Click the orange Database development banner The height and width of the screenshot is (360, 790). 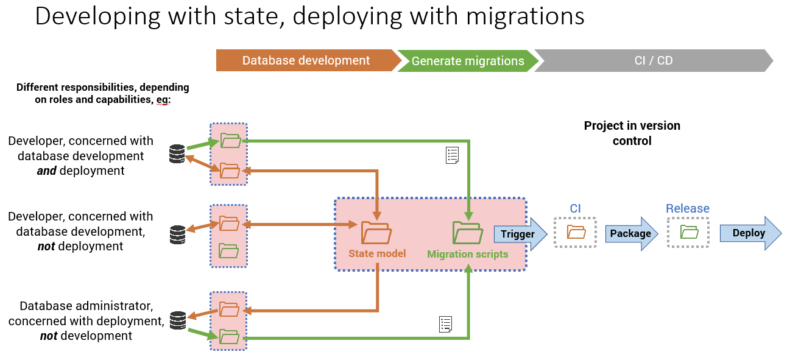tap(306, 61)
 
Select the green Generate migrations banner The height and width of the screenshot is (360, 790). tap(467, 61)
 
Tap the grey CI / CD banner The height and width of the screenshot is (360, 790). tap(652, 61)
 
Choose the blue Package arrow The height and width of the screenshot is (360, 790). tap(630, 233)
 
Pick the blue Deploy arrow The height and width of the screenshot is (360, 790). tap(749, 233)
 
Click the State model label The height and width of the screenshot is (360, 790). tap(377, 253)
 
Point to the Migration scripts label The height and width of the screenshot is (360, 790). tap(467, 254)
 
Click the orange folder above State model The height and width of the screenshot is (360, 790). tap(376, 232)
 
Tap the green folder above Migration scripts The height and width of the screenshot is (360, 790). tap(467, 233)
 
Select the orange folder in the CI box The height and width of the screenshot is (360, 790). tap(576, 231)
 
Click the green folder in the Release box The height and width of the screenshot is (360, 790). tap(688, 231)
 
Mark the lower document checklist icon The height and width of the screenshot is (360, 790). tap(445, 324)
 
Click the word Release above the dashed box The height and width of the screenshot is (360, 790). tap(687, 209)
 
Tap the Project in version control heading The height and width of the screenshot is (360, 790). tap(632, 133)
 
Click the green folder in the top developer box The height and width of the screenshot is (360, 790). tap(230, 141)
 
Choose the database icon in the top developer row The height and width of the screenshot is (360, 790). tap(177, 154)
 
